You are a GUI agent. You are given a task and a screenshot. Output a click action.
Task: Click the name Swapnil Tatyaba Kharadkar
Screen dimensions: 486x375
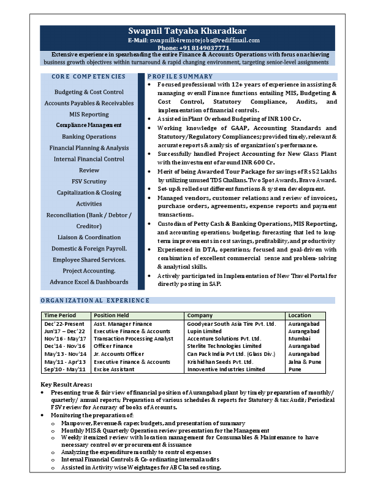(187, 31)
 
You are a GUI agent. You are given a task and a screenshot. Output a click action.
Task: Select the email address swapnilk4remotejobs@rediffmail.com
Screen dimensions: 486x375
(203, 40)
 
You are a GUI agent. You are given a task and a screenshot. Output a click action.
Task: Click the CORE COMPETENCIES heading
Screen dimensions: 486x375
(89, 77)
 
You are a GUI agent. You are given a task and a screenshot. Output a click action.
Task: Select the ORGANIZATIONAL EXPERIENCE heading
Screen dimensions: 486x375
(95, 301)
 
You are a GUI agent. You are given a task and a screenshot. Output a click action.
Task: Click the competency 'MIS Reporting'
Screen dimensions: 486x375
(89, 114)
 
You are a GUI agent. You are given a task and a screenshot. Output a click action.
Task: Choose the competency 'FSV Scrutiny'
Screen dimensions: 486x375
(89, 182)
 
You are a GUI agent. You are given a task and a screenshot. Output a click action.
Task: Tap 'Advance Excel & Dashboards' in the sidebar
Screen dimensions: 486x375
(89, 282)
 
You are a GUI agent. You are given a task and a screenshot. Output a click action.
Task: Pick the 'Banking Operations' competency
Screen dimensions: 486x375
(89, 137)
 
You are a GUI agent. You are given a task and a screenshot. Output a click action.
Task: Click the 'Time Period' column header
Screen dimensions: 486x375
(59, 315)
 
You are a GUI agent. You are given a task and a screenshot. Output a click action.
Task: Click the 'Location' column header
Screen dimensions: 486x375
(300, 315)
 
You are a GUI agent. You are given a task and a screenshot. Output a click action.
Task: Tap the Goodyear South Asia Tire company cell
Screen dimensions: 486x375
(232, 323)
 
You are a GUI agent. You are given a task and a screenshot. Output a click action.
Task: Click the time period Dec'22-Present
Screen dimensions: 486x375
(64, 323)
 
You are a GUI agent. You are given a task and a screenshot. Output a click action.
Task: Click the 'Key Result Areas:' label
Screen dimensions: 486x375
(67, 384)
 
